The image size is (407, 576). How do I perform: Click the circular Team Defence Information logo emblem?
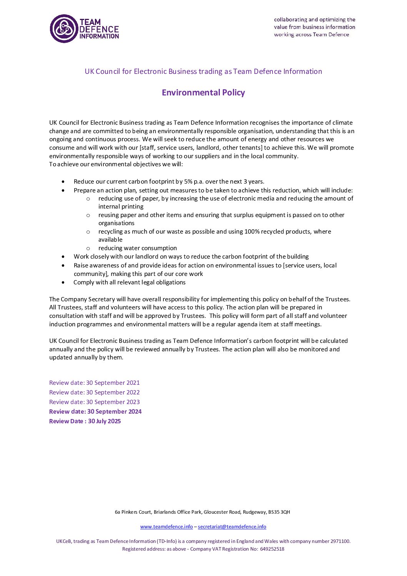point(64,29)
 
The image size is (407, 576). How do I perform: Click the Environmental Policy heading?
point(203,93)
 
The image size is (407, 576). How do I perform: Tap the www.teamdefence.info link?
point(166,527)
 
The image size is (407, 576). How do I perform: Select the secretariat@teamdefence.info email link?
point(232,527)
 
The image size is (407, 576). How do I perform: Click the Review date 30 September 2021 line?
point(94,383)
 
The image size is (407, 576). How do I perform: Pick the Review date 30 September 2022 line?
point(94,392)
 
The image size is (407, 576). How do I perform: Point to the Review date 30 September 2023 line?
point(94,402)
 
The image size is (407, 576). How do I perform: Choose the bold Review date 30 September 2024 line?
point(95,412)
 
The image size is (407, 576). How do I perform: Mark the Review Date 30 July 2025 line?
point(85,421)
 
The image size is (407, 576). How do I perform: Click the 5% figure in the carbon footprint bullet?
point(188,182)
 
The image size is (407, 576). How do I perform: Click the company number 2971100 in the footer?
point(340,541)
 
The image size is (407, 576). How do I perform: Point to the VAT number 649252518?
point(272,549)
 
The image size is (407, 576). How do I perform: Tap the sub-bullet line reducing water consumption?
point(137,248)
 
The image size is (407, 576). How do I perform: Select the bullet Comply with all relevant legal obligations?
point(130,282)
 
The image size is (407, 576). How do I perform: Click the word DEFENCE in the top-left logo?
point(99,29)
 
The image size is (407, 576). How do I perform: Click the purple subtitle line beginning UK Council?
point(203,72)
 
